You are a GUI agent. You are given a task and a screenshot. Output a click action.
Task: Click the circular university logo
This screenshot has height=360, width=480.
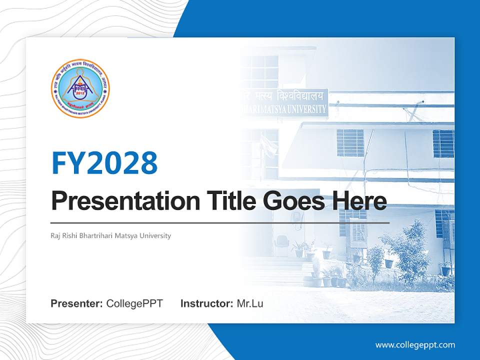tap(80, 87)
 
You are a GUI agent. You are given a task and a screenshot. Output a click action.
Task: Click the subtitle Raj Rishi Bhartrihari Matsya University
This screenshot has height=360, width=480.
tap(110, 235)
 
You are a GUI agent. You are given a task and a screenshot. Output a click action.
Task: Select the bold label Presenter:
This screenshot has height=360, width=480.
tap(77, 303)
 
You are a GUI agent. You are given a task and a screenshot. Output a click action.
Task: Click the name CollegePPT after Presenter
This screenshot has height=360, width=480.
tap(134, 303)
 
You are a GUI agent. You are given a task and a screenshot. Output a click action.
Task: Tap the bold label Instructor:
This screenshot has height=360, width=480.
tap(206, 303)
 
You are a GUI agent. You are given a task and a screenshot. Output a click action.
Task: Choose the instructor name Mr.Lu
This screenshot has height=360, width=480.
tap(250, 303)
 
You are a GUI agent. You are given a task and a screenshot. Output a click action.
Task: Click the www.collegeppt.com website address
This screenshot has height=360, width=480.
tap(415, 344)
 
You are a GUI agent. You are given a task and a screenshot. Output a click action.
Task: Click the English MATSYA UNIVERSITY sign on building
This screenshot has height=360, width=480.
tap(295, 108)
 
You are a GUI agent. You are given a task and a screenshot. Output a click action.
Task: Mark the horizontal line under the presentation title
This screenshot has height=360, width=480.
tap(220, 222)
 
